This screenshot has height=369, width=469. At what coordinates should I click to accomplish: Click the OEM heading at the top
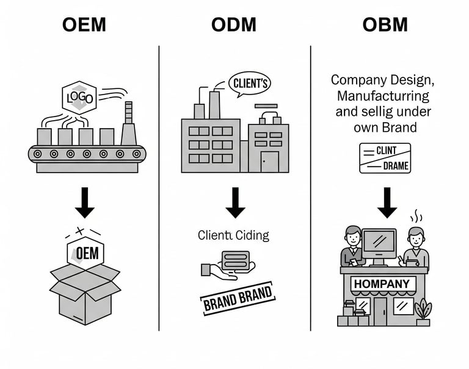(84, 25)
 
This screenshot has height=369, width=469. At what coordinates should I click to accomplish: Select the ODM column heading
(234, 25)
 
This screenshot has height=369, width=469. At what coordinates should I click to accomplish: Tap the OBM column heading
(386, 25)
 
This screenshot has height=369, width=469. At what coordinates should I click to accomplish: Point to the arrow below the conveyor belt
(85, 203)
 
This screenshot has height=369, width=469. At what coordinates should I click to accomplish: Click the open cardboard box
(85, 292)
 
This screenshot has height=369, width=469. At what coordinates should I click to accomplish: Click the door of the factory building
(269, 161)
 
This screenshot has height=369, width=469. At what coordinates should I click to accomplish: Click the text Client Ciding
(233, 235)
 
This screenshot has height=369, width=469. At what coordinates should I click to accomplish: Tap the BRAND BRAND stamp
(238, 297)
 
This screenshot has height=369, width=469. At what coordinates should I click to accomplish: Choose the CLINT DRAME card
(385, 159)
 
